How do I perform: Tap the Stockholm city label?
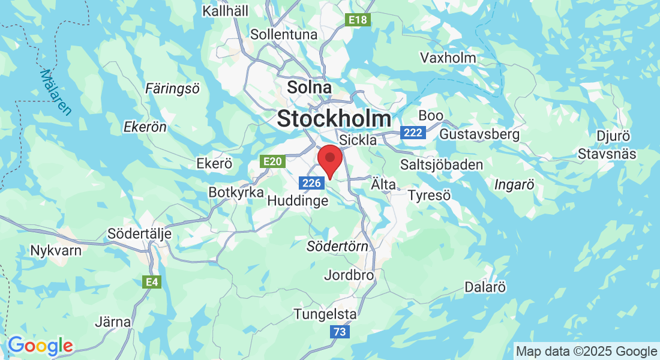334,118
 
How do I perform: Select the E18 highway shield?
359,20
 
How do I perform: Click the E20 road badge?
271,161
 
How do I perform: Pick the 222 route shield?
413,133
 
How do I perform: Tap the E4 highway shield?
151,282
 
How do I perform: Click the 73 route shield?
340,331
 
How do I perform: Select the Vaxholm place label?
448,58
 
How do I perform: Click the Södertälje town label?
139,233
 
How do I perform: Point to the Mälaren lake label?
55,92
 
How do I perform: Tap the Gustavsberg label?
479,134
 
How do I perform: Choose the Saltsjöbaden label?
442,165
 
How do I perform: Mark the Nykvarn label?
56,250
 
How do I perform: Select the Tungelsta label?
325,314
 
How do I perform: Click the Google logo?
40,346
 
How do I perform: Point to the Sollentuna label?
284,34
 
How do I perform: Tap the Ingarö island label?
514,185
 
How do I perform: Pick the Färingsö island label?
173,89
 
